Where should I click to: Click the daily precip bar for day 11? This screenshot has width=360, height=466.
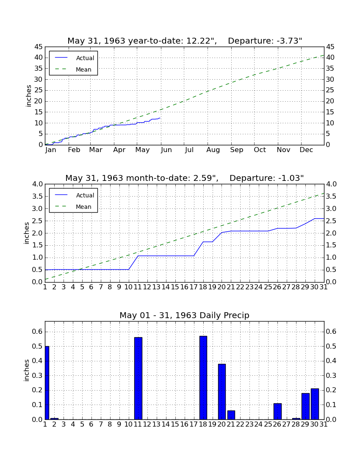click(x=138, y=378)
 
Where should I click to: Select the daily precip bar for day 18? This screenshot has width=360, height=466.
click(x=203, y=378)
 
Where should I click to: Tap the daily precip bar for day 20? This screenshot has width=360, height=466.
click(x=222, y=392)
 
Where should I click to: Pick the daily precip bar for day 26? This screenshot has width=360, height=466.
click(x=277, y=411)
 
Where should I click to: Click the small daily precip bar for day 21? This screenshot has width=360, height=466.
click(x=231, y=415)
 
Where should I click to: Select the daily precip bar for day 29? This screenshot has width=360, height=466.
click(x=305, y=406)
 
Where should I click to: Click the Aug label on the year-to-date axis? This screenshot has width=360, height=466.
click(x=213, y=150)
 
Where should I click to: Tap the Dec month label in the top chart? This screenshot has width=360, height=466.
click(x=306, y=150)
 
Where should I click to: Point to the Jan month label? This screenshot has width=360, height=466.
click(x=51, y=150)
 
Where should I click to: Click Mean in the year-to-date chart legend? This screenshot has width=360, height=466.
click(x=83, y=69)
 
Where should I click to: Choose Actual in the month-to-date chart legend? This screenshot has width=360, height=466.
click(x=85, y=195)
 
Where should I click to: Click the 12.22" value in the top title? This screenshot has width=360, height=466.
click(x=201, y=41)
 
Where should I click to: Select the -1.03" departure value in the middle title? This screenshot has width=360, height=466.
click(x=291, y=178)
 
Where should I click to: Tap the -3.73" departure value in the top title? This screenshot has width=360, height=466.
click(x=290, y=41)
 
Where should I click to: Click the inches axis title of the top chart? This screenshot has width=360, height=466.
click(x=28, y=96)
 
